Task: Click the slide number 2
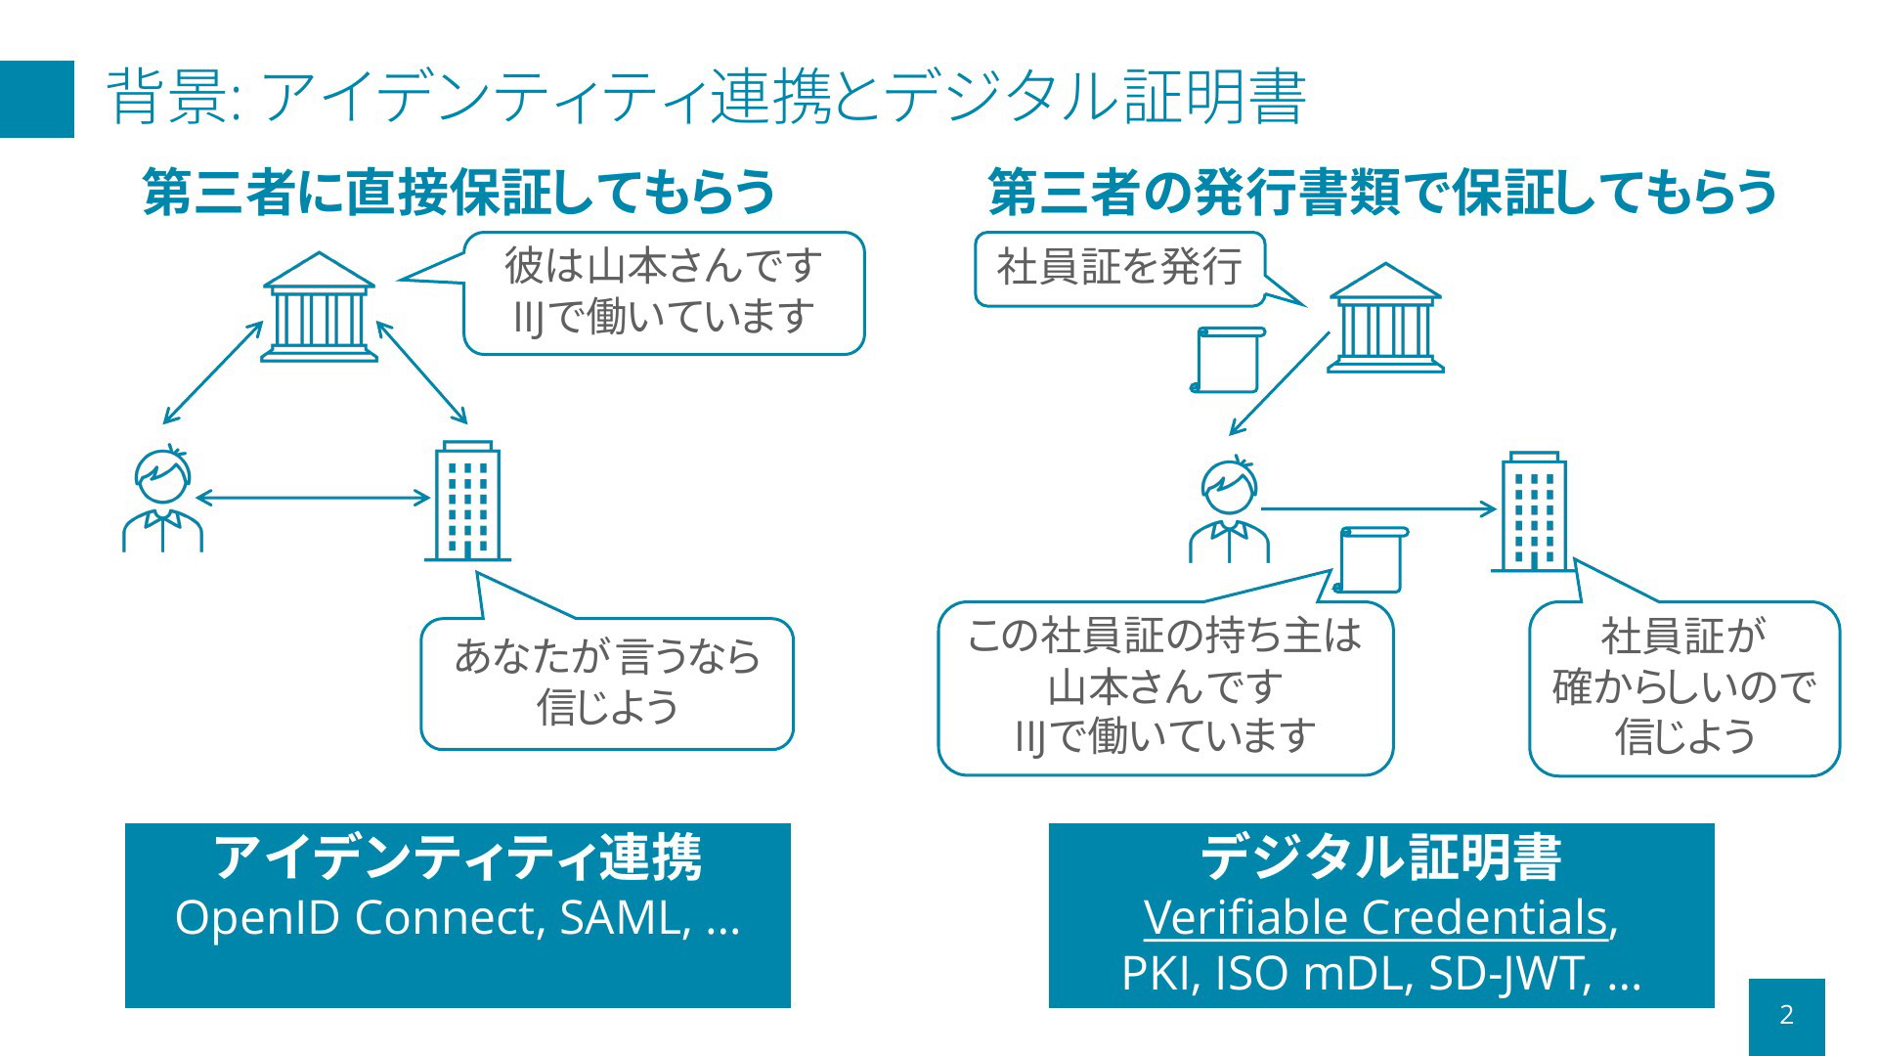click(x=1787, y=1015)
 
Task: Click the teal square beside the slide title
click(x=37, y=99)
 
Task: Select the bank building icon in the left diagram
click(x=319, y=307)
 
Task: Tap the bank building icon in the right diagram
click(x=1385, y=318)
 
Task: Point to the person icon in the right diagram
click(x=1229, y=509)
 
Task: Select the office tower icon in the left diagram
click(x=467, y=501)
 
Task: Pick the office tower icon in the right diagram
click(x=1534, y=511)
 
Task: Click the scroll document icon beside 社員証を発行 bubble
click(x=1227, y=360)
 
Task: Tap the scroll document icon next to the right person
click(x=1370, y=560)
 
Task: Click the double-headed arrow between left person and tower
click(x=313, y=498)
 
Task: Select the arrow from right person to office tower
click(x=1378, y=508)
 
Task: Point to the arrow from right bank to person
click(x=1280, y=383)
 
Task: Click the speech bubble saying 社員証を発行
click(x=1120, y=269)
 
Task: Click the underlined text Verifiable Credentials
click(x=1375, y=917)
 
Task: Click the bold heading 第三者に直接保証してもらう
click(x=459, y=191)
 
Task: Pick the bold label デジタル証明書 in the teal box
click(x=1380, y=858)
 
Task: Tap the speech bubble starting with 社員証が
click(x=1683, y=688)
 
